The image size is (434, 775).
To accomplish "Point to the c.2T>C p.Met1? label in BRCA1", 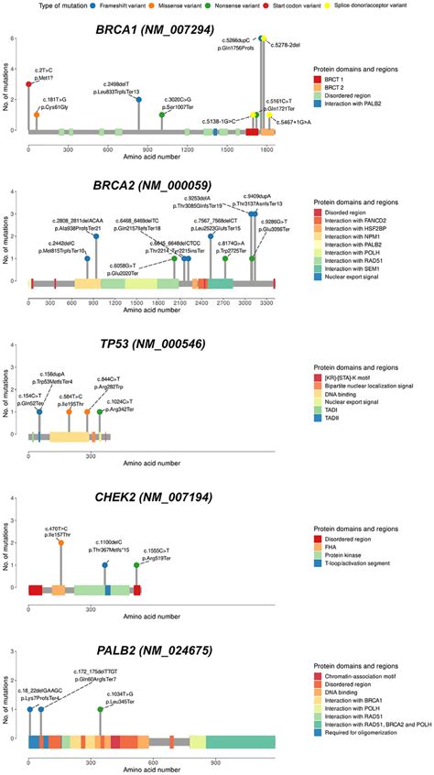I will [43, 72].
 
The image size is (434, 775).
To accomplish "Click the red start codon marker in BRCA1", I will [28, 84].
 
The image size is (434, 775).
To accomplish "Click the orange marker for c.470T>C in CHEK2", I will [61, 543].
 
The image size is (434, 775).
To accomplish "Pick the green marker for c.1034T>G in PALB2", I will [100, 709].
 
